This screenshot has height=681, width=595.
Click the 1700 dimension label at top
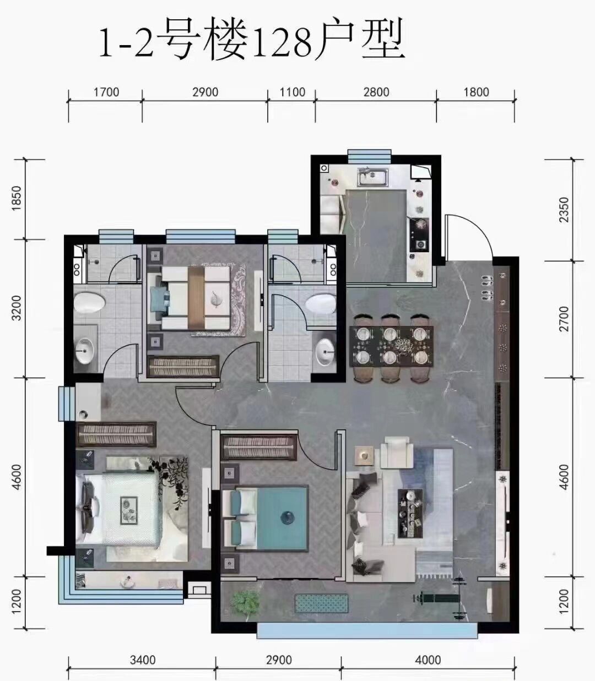point(106,92)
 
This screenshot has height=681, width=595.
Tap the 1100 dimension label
point(293,92)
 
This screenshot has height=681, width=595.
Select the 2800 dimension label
point(376,92)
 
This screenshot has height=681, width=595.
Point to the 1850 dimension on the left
point(16,198)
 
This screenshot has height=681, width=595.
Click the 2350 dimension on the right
point(564,210)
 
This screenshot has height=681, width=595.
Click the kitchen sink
point(373,177)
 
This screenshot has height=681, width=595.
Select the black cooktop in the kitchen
point(419,235)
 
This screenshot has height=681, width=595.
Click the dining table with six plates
point(391,346)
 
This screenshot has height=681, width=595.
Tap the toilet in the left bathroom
point(89,302)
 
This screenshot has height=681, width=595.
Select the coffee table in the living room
point(410,513)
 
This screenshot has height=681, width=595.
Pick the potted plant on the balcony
point(245,602)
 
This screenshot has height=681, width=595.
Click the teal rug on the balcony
point(321,603)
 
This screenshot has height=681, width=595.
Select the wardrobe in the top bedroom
point(183,366)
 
